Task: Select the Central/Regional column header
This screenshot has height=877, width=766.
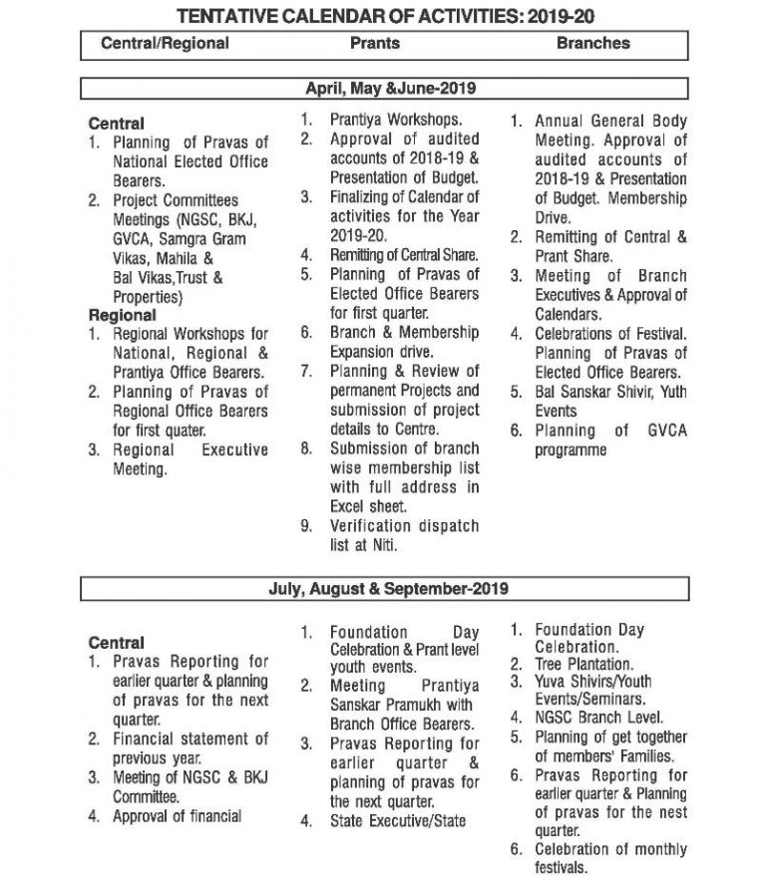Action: (165, 44)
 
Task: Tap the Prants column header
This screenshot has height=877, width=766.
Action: (375, 44)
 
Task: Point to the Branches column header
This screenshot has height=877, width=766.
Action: (593, 44)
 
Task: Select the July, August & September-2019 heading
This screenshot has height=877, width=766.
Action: (388, 589)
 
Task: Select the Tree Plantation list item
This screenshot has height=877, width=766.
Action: (583, 664)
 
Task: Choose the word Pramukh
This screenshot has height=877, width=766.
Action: (418, 705)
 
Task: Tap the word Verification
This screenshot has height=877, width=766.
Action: (371, 525)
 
